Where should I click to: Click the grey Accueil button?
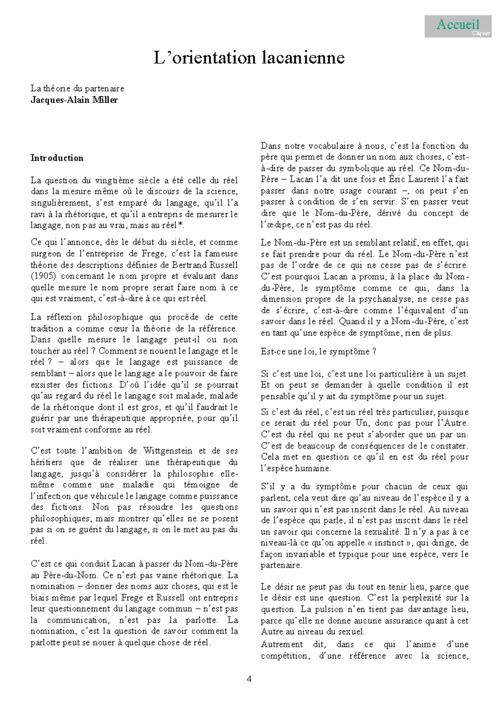pyautogui.click(x=458, y=26)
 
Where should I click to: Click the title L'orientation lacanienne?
pyautogui.click(x=249, y=58)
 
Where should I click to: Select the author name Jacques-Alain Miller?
pyautogui.click(x=74, y=100)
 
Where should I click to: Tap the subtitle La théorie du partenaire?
pyautogui.click(x=77, y=88)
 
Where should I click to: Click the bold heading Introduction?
pyautogui.click(x=57, y=158)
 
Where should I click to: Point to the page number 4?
pyautogui.click(x=249, y=679)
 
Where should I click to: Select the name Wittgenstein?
pyautogui.click(x=168, y=451)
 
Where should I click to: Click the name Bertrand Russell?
pyautogui.click(x=205, y=265)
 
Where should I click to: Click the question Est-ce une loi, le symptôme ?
pyautogui.click(x=318, y=351)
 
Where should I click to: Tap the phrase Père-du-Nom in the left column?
pyautogui.click(x=65, y=575)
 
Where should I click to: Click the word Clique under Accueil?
pyautogui.click(x=480, y=33)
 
